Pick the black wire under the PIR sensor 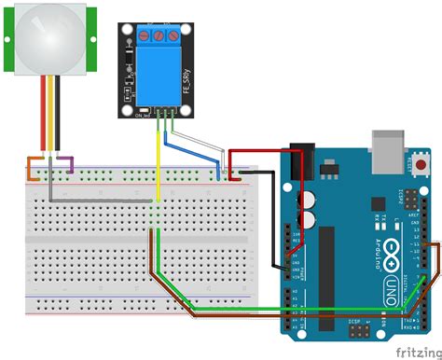(x=59, y=117)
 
